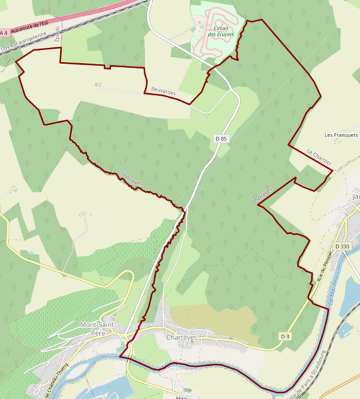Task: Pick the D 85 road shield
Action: [x=221, y=139]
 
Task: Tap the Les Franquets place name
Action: [x=341, y=135]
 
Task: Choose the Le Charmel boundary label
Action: [x=319, y=157]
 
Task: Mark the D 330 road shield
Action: [x=342, y=246]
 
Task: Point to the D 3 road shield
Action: [x=285, y=336]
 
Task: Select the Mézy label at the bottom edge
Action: [x=182, y=396]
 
